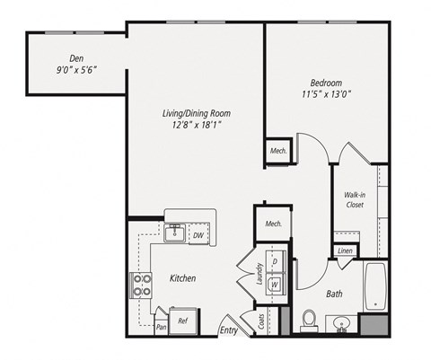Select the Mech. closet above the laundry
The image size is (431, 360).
click(273, 223)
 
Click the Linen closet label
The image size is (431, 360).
click(345, 250)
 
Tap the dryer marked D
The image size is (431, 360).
click(276, 261)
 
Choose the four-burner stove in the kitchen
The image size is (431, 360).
click(143, 285)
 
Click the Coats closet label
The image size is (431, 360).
click(260, 321)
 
